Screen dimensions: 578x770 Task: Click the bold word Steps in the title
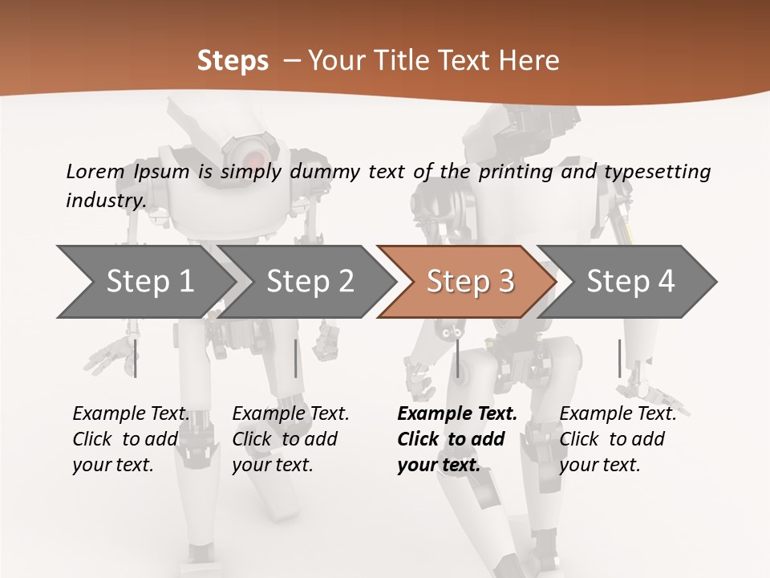(x=233, y=61)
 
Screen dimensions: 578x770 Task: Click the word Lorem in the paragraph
(x=95, y=171)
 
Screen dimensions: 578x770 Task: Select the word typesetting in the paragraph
(x=657, y=172)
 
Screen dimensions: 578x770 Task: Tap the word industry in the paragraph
(x=105, y=201)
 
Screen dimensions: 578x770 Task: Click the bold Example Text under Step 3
(x=457, y=414)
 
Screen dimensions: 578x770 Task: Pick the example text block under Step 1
(x=131, y=439)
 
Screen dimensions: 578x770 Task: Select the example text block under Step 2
(x=290, y=439)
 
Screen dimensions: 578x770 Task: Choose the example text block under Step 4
(x=618, y=439)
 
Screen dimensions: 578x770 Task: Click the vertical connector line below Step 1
(x=136, y=358)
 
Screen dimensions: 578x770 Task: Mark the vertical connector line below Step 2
(x=296, y=358)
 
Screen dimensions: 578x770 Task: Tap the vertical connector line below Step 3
(x=457, y=358)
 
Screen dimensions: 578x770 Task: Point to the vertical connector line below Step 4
(x=619, y=358)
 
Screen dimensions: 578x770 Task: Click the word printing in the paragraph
(x=513, y=172)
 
